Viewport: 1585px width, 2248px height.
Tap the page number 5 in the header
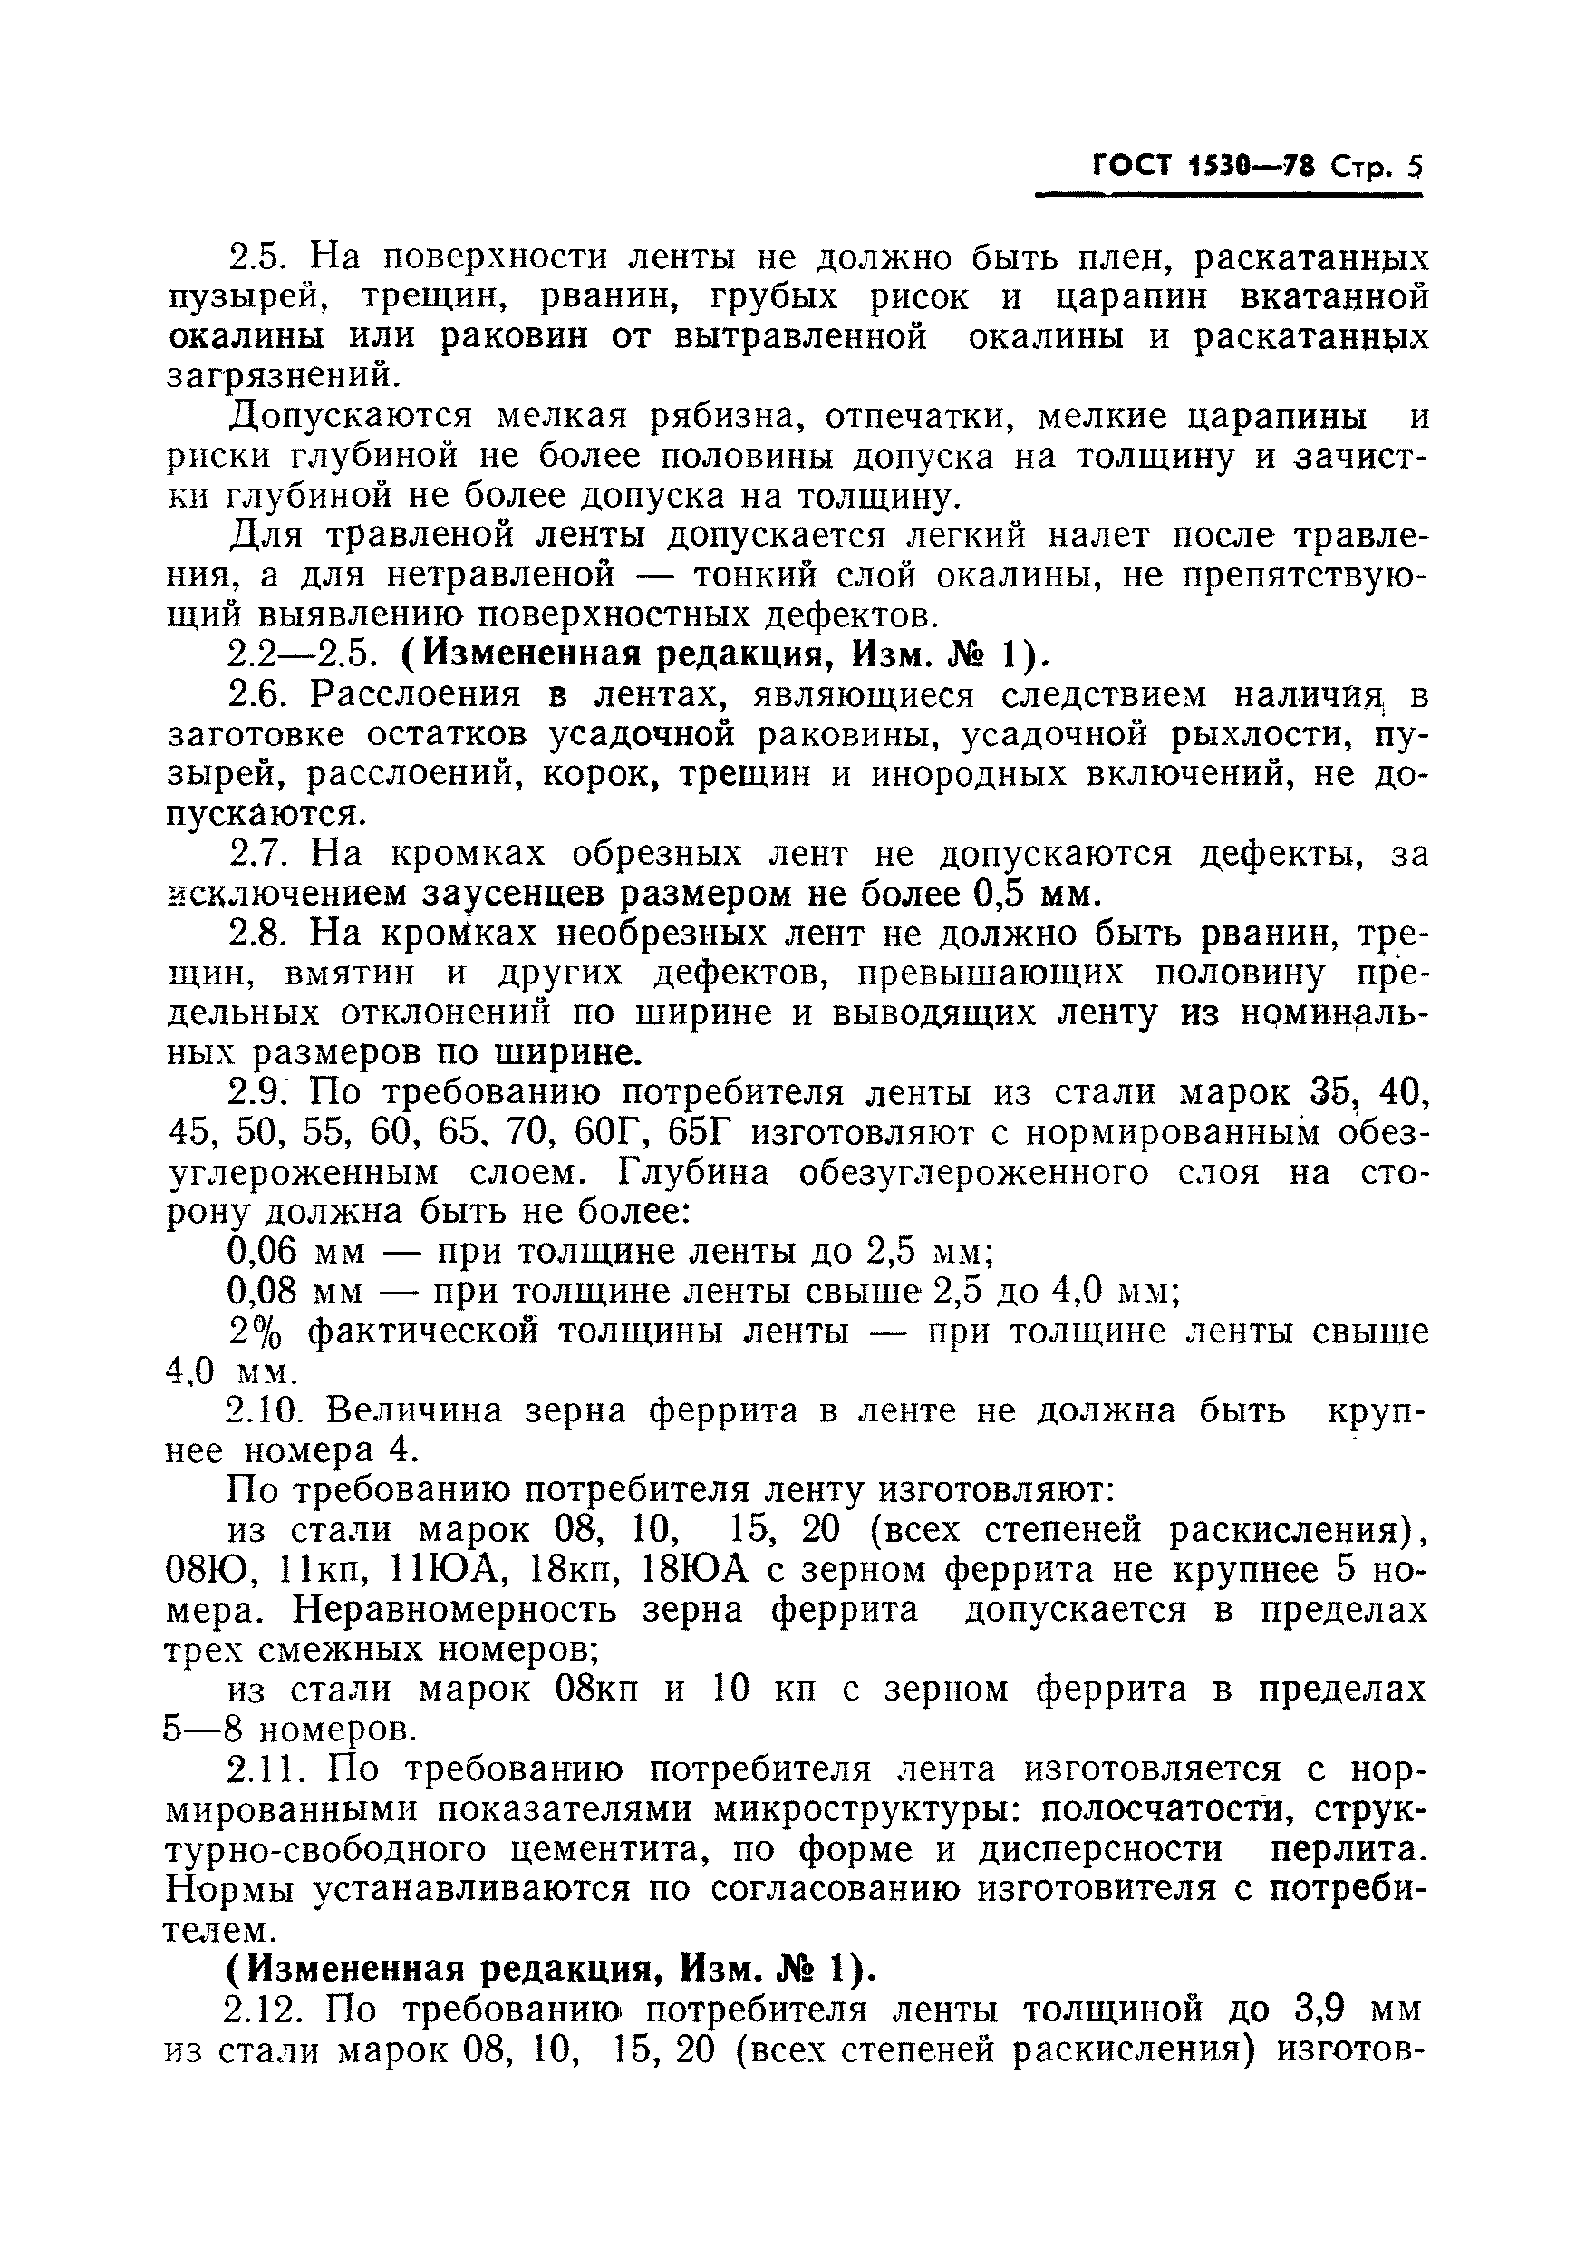(x=1413, y=168)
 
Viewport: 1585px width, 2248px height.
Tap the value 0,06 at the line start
(x=261, y=1252)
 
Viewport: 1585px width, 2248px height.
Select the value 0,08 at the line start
(x=261, y=1293)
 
